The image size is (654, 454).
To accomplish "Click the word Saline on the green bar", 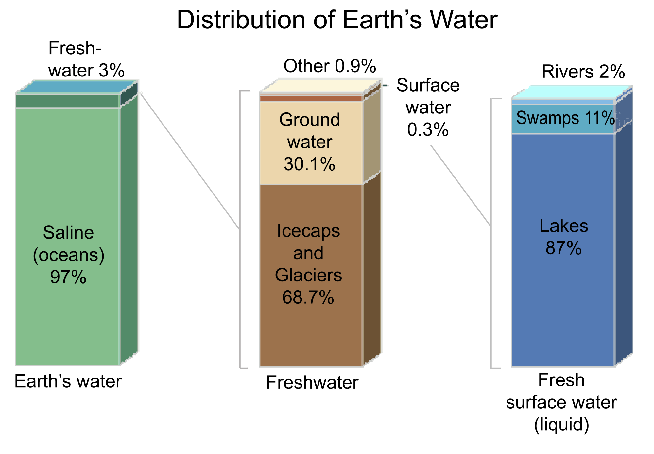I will click(x=68, y=233).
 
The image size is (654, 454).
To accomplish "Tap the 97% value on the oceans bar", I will click(x=68, y=277).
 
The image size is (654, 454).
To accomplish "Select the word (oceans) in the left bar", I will click(x=68, y=255).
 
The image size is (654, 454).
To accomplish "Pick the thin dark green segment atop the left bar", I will click(x=67, y=101).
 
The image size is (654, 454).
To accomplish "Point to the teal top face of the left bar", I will click(x=77, y=87).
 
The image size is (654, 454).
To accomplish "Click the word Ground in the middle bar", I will click(x=309, y=120).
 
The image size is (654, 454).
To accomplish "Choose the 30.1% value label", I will click(x=309, y=164).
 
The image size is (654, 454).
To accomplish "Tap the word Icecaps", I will click(x=308, y=231).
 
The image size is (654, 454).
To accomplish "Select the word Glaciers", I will click(x=308, y=275).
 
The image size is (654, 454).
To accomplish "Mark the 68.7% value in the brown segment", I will click(x=308, y=297).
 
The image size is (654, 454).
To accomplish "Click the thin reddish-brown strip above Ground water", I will click(x=311, y=98).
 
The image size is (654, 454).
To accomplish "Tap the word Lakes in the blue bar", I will click(x=563, y=226).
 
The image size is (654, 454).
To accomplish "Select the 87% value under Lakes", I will click(x=563, y=248).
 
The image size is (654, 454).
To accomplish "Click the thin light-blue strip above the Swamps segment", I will click(x=562, y=102).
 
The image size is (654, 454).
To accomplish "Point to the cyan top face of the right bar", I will click(x=572, y=92).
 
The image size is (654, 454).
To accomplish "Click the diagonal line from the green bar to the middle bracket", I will click(x=190, y=160).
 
